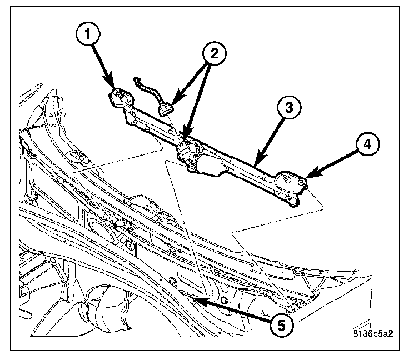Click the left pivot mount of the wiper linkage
pyautogui.click(x=119, y=98)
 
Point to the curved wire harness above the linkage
pyautogui.click(x=145, y=89)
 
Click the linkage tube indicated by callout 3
pyautogui.click(x=245, y=167)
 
